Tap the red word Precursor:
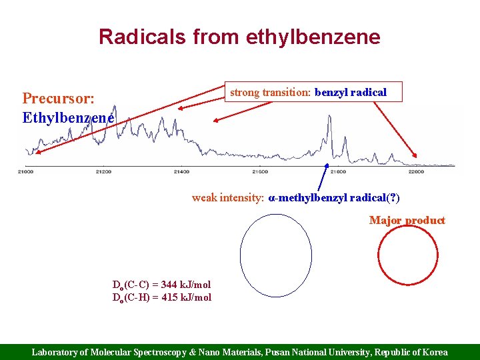(x=58, y=99)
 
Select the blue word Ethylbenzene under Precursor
(x=67, y=118)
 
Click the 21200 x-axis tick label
(x=103, y=171)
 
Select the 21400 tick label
(x=181, y=171)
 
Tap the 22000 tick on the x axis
(x=415, y=171)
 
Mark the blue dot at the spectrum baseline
(x=327, y=165)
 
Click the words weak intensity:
(x=228, y=198)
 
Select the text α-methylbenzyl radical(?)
(x=333, y=198)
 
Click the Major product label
(x=407, y=221)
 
